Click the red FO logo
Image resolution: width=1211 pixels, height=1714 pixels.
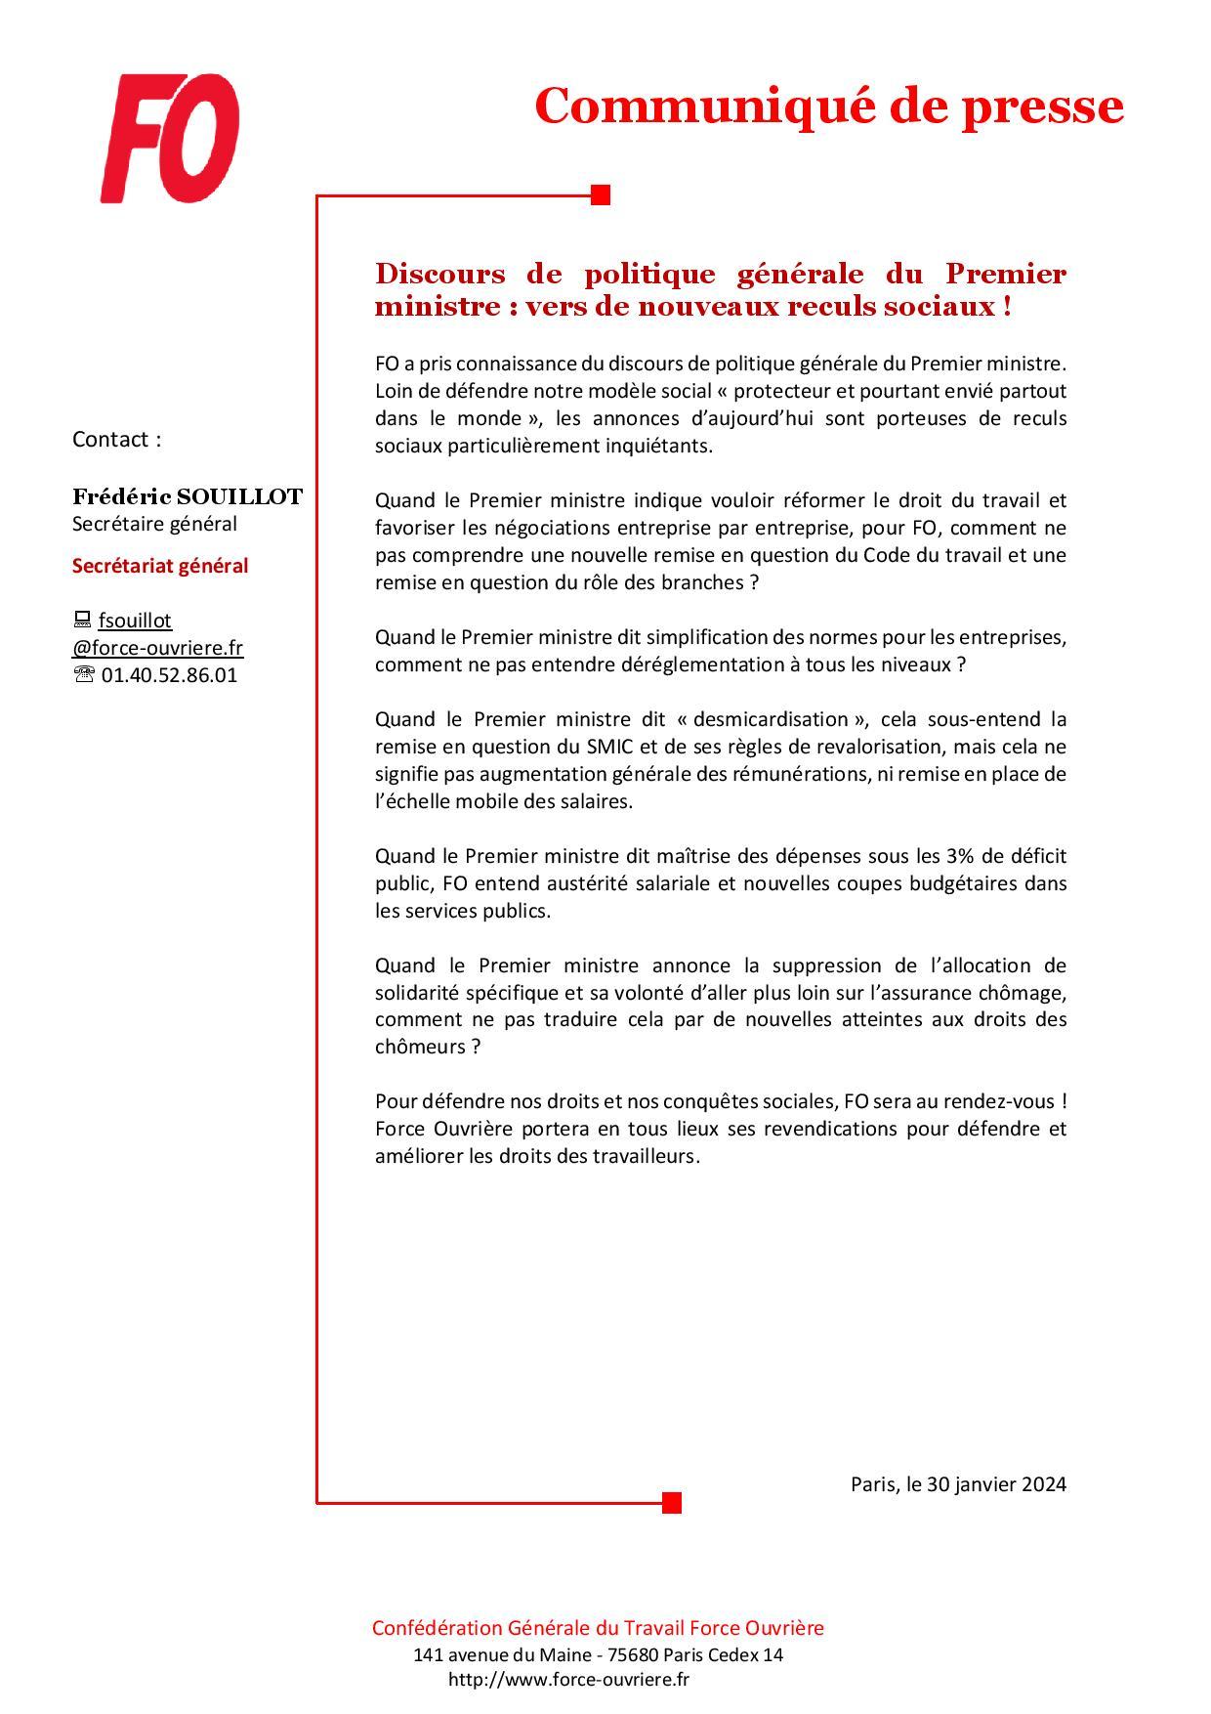(170, 140)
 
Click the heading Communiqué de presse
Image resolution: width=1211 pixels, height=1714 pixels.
(828, 106)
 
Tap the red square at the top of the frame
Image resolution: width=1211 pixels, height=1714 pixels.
(601, 195)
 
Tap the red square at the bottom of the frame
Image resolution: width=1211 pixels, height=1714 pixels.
(671, 1502)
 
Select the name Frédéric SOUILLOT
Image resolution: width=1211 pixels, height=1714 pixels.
(188, 496)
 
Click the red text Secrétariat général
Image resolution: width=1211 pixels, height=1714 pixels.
(160, 566)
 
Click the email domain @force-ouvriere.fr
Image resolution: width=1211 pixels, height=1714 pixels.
(157, 648)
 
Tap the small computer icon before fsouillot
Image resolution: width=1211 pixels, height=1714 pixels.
(82, 621)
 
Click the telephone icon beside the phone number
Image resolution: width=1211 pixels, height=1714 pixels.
(84, 675)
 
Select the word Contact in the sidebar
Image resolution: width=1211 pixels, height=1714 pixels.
(110, 440)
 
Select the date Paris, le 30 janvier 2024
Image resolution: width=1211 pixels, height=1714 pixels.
(958, 1484)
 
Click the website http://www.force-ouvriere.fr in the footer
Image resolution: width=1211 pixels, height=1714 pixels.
(568, 1680)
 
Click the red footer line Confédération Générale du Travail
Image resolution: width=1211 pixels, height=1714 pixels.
(598, 1628)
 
